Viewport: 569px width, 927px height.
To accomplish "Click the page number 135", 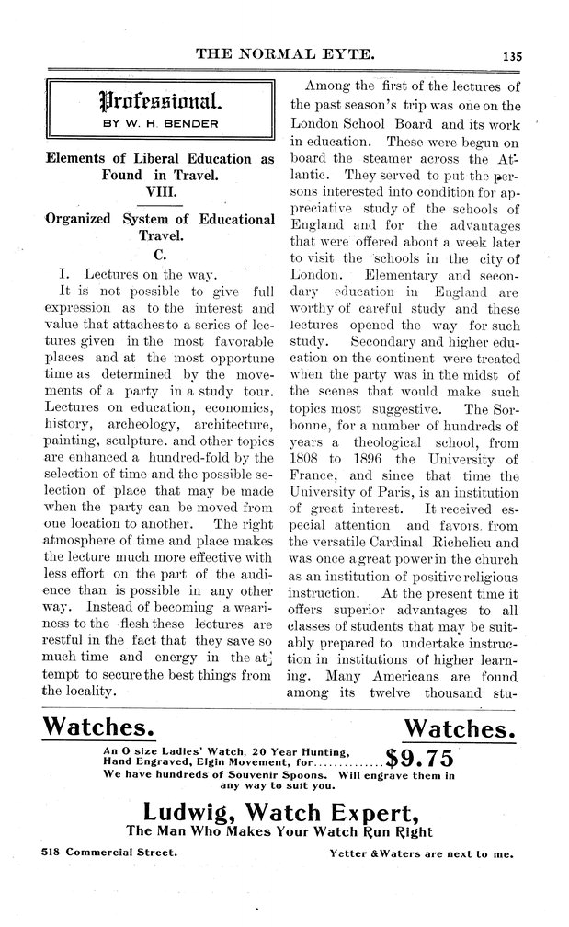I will (x=511, y=55).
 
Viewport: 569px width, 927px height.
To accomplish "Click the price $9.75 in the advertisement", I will (x=419, y=759).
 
